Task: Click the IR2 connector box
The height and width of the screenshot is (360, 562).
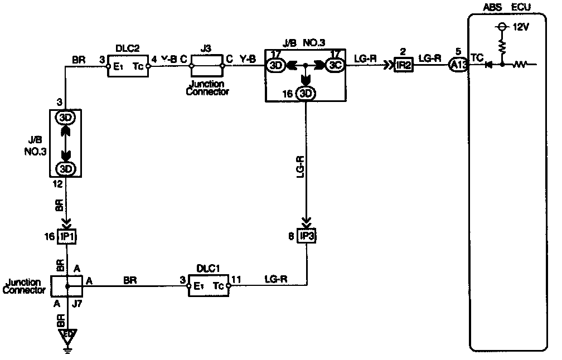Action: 403,66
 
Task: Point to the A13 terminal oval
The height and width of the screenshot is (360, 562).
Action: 457,66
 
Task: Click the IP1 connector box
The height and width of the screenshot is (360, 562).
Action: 67,237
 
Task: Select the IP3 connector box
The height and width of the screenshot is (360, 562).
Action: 306,237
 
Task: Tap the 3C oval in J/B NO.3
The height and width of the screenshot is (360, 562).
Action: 336,66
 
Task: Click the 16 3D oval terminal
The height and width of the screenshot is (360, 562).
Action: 306,93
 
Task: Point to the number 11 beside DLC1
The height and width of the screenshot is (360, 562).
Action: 236,277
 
